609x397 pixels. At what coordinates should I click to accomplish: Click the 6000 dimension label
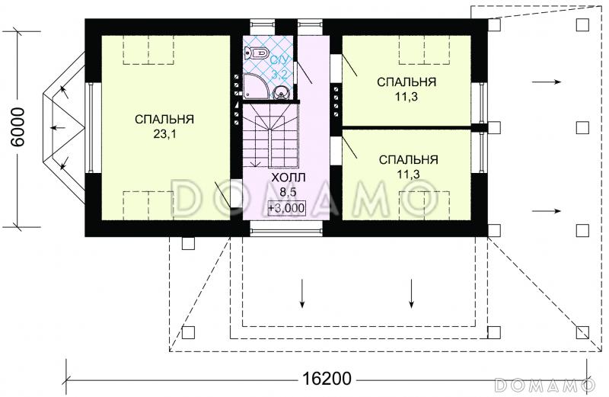[18, 127]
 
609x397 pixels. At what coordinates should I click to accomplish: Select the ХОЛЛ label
[285, 178]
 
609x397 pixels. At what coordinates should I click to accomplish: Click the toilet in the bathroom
[256, 53]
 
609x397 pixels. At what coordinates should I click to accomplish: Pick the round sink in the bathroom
[282, 93]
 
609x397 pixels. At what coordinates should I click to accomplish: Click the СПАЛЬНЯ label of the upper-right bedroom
[407, 82]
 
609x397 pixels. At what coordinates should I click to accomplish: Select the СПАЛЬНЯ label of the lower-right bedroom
[407, 160]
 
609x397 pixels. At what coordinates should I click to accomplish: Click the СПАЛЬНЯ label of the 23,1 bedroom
[164, 119]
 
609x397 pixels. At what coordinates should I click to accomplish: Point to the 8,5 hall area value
[285, 191]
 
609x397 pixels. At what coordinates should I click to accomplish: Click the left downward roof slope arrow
[303, 293]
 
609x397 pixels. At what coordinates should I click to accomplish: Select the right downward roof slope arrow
[412, 293]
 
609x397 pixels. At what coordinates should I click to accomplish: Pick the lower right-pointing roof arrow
[547, 210]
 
